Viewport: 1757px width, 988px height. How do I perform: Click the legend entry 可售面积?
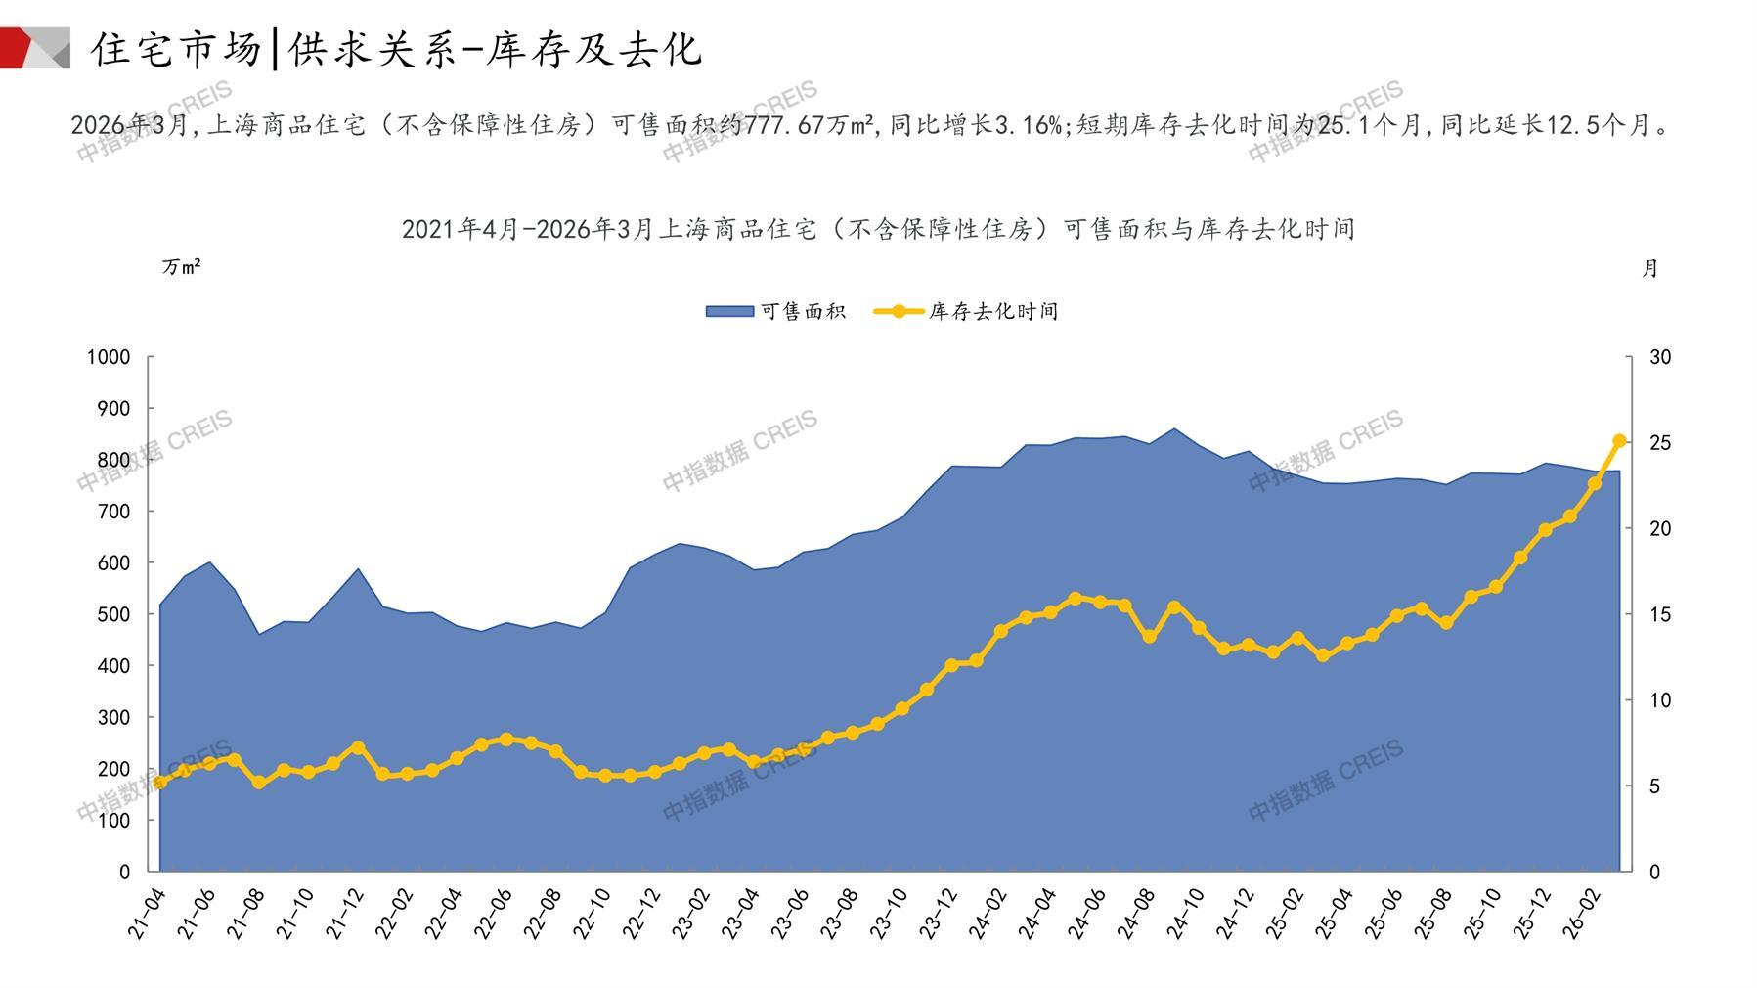776,312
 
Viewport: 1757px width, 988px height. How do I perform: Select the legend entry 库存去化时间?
967,312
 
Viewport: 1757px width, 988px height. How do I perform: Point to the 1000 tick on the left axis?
108,357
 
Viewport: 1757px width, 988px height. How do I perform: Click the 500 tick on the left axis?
113,614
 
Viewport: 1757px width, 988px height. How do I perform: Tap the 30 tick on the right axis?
1660,357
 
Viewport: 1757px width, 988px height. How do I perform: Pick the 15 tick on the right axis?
1660,614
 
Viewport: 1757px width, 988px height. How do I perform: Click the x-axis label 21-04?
148,914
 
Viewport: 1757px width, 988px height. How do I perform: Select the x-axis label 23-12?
940,914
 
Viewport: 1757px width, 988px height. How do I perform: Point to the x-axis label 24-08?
1137,914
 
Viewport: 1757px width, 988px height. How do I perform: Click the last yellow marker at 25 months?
1619,441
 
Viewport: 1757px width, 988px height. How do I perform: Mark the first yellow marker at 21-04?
159,782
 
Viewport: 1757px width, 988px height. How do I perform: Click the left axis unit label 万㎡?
181,267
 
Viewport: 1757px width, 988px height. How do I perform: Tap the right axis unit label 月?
1649,268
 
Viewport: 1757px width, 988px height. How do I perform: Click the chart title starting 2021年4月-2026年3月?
878,229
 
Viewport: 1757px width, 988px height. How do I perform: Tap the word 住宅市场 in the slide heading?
177,49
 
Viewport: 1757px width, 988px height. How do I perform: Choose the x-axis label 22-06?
494,914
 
